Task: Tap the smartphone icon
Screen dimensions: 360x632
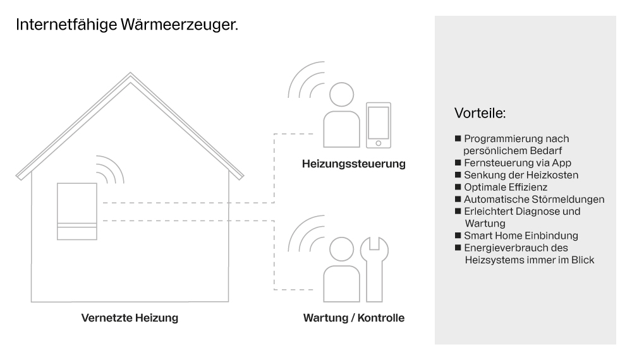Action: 379,126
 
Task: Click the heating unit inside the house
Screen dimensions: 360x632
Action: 77,212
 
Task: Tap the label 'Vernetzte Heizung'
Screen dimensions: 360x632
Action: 130,318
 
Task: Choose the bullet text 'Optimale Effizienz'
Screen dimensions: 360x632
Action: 505,187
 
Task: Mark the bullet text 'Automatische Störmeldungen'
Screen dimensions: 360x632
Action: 534,199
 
